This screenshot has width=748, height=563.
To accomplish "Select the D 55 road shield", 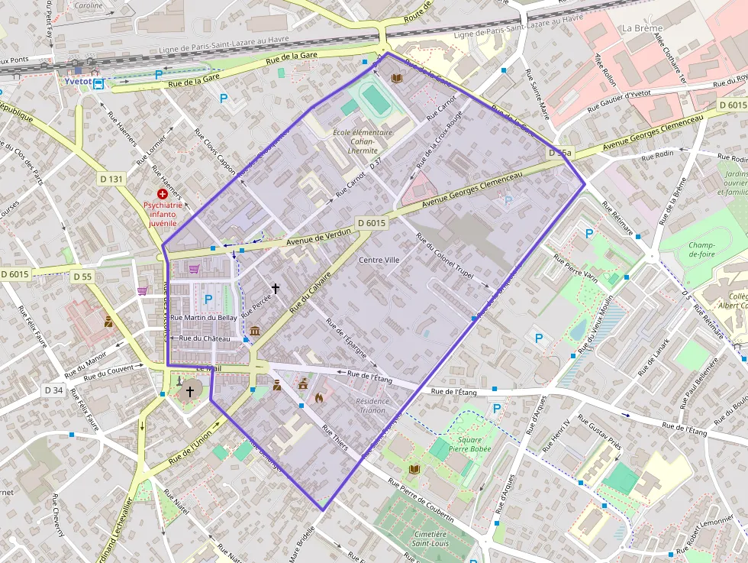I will [81, 276].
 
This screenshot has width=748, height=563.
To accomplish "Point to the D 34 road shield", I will [53, 390].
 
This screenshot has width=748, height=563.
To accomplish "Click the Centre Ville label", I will [379, 260].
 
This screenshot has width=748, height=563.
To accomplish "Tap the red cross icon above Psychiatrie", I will [162, 195].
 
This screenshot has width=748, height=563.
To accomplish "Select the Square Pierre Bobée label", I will [470, 445].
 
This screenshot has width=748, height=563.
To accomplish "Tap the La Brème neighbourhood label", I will [642, 28].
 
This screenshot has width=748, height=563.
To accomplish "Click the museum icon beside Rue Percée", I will [254, 331].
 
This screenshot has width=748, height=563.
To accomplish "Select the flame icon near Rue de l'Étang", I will [319, 397].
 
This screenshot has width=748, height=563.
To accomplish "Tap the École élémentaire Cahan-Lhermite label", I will [363, 141].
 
